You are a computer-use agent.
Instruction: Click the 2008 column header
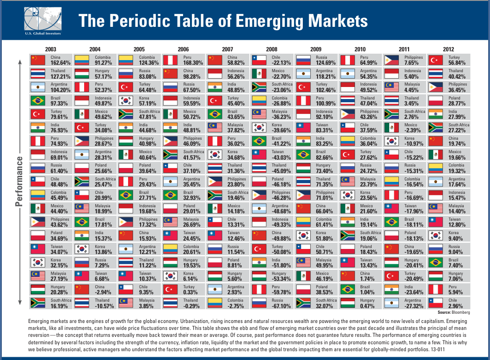(271, 49)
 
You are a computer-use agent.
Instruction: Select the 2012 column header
(448, 49)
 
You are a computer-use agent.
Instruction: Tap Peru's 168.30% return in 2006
(193, 62)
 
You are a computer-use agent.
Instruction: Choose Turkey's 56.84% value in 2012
(458, 62)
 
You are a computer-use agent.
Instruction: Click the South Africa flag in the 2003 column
(37, 303)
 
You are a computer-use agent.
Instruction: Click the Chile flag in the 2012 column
(436, 303)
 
